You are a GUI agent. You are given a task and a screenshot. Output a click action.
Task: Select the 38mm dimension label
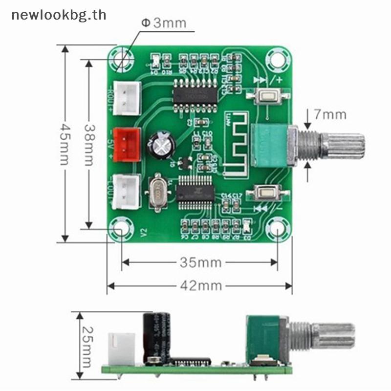[x=89, y=144]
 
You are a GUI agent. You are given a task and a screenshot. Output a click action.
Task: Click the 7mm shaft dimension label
[x=330, y=115]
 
